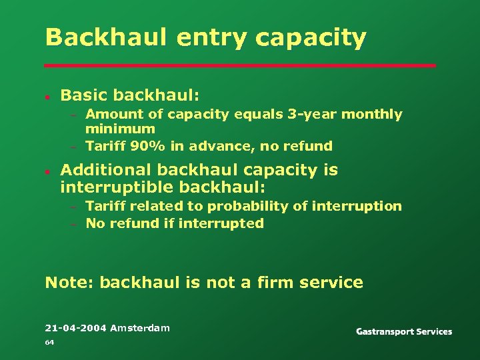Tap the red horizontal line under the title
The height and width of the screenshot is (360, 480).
pyautogui.click(x=240, y=65)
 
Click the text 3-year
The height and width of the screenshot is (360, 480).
pyautogui.click(x=309, y=115)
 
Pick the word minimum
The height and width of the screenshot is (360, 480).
pyautogui.click(x=120, y=129)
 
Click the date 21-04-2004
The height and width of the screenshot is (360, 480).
pyautogui.click(x=75, y=327)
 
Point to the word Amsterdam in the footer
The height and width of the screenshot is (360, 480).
pyautogui.click(x=140, y=327)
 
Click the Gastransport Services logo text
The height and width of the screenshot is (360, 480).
pyautogui.click(x=404, y=332)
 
